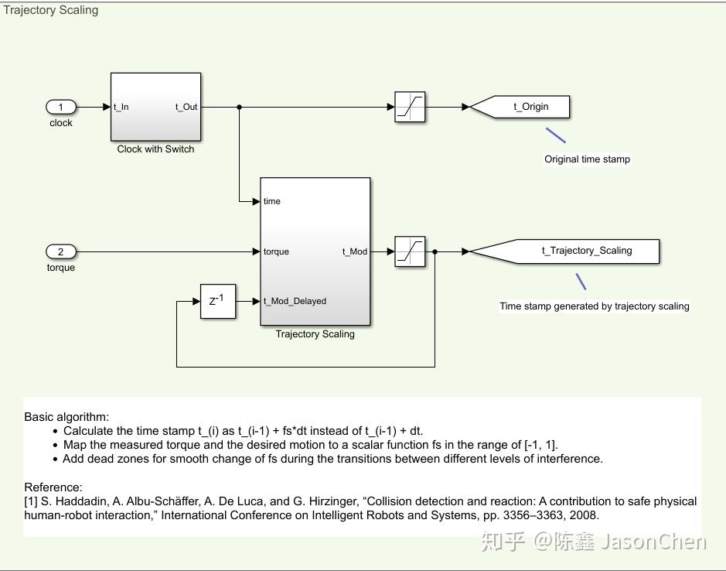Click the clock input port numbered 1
(x=61, y=107)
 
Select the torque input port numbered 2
(x=61, y=251)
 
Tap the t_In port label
(x=121, y=108)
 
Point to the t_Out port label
(x=186, y=108)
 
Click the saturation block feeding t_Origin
(x=410, y=107)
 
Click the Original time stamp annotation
(x=587, y=159)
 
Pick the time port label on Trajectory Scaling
(x=272, y=201)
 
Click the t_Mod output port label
(x=354, y=251)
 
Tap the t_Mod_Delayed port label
(x=295, y=301)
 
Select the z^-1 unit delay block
(x=217, y=301)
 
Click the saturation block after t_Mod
(x=410, y=251)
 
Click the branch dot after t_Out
(x=239, y=107)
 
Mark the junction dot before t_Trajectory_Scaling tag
(x=435, y=251)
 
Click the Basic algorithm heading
(x=66, y=416)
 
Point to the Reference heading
(x=53, y=487)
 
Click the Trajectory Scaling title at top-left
(x=51, y=10)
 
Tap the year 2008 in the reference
(x=585, y=515)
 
